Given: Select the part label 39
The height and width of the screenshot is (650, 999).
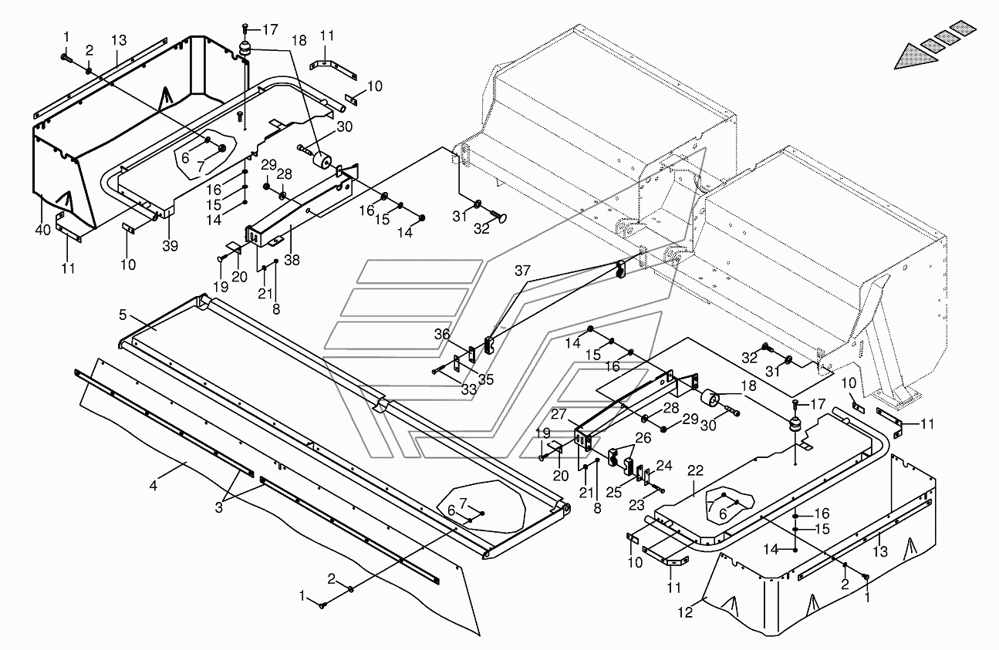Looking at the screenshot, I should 169,245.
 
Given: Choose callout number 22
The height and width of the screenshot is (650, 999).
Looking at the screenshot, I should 695,470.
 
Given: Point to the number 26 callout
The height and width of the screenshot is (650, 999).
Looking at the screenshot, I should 643,437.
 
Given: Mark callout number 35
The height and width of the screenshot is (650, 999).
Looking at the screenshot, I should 485,380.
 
